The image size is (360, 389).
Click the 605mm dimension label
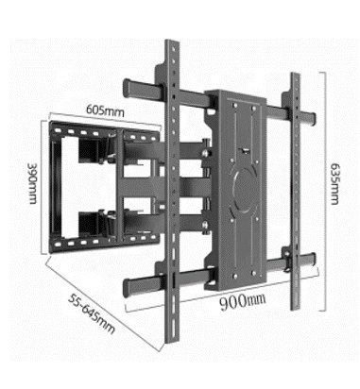(x=105, y=111)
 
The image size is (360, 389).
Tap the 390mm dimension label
(x=33, y=183)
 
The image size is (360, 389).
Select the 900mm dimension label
(x=242, y=301)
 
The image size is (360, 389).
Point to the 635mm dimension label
(x=334, y=183)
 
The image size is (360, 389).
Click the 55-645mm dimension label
(x=92, y=313)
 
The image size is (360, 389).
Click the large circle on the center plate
(x=245, y=191)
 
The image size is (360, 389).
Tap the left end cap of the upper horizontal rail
(x=127, y=88)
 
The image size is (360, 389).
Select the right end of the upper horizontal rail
(x=312, y=118)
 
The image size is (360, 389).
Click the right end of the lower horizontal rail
(x=311, y=259)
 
